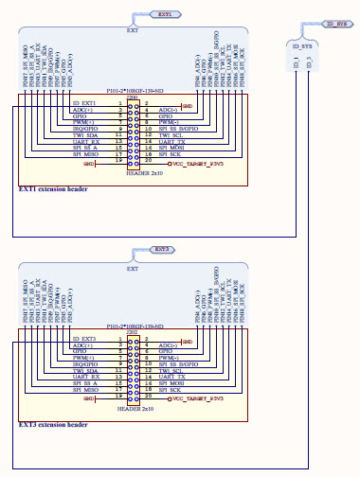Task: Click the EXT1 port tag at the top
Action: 164,16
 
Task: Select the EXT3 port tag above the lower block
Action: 162,250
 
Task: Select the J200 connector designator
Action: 132,97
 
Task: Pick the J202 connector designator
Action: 132,332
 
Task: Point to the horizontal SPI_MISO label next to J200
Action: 84,155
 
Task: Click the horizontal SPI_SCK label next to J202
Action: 172,390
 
